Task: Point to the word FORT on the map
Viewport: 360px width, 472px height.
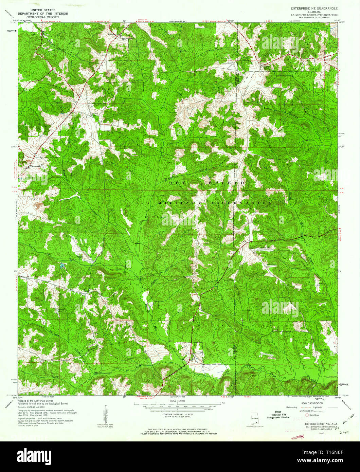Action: [x=175, y=183]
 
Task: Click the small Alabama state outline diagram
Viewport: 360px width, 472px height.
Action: [x=254, y=418]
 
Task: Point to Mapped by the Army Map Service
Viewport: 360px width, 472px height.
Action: [x=35, y=401]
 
